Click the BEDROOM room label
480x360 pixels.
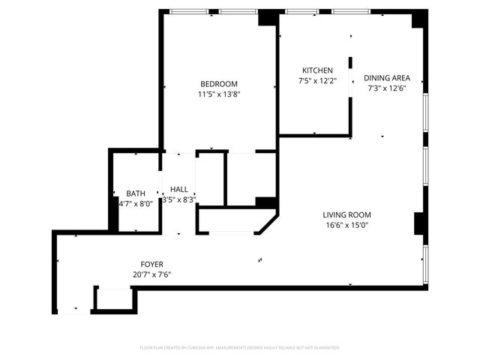(218, 83)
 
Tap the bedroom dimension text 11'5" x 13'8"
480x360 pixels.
(218, 94)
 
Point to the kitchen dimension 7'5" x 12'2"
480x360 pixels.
(317, 81)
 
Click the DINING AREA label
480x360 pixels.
(387, 77)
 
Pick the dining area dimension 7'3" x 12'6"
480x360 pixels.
(387, 88)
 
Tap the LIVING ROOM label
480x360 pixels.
(347, 214)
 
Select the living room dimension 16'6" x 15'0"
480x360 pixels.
(347, 224)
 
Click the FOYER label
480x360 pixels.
(151, 264)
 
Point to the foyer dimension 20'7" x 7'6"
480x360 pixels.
(151, 274)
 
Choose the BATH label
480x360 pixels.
(136, 193)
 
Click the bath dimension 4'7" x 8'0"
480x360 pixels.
(136, 203)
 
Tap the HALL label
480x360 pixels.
(178, 189)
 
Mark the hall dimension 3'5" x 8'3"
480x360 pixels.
(178, 199)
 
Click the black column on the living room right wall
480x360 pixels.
(420, 223)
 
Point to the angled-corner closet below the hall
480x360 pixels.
(232, 221)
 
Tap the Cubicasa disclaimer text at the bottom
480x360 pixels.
(240, 348)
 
